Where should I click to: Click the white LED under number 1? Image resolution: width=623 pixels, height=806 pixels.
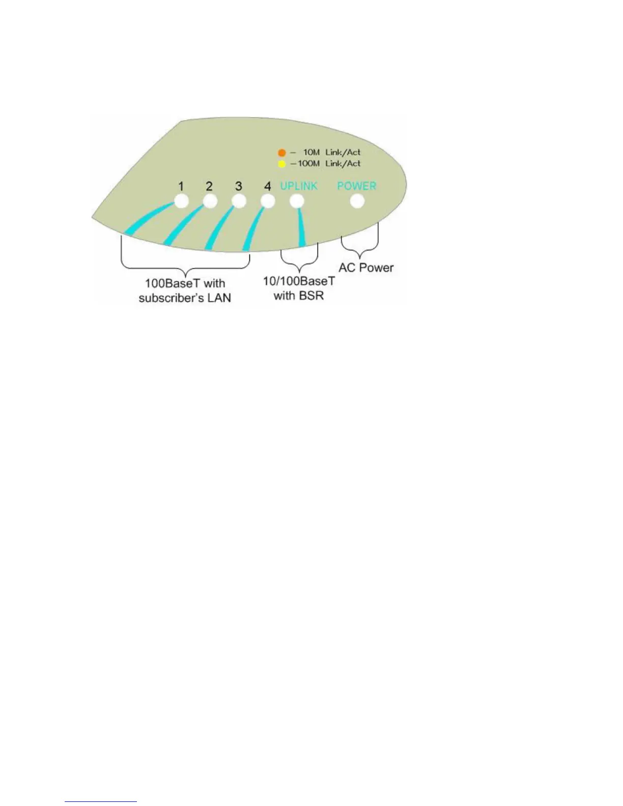[x=181, y=201]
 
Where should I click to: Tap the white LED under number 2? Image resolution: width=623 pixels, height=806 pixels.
[x=210, y=201]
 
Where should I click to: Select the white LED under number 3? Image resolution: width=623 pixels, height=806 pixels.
[x=239, y=201]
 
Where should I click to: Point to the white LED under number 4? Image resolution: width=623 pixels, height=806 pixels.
[x=268, y=201]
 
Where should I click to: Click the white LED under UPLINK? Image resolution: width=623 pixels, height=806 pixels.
[x=297, y=201]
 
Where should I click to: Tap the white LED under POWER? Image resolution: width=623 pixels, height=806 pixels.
[x=357, y=201]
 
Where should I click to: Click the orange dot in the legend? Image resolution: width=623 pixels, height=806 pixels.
[x=281, y=153]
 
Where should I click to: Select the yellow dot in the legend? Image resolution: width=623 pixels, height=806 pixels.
[x=281, y=164]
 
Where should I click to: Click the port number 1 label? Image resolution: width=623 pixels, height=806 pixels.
[x=181, y=186]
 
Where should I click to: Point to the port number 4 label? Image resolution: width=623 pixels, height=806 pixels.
[x=268, y=186]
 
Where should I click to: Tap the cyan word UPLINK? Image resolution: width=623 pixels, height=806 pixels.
[x=299, y=186]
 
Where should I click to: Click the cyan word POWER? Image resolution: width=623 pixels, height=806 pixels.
[x=357, y=186]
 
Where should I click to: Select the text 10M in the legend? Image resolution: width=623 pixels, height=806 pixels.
[x=311, y=152]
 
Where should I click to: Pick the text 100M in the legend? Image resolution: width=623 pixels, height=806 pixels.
[x=309, y=163]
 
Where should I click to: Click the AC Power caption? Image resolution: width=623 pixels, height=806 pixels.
[x=366, y=268]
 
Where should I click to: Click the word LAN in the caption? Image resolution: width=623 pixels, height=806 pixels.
[x=218, y=298]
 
